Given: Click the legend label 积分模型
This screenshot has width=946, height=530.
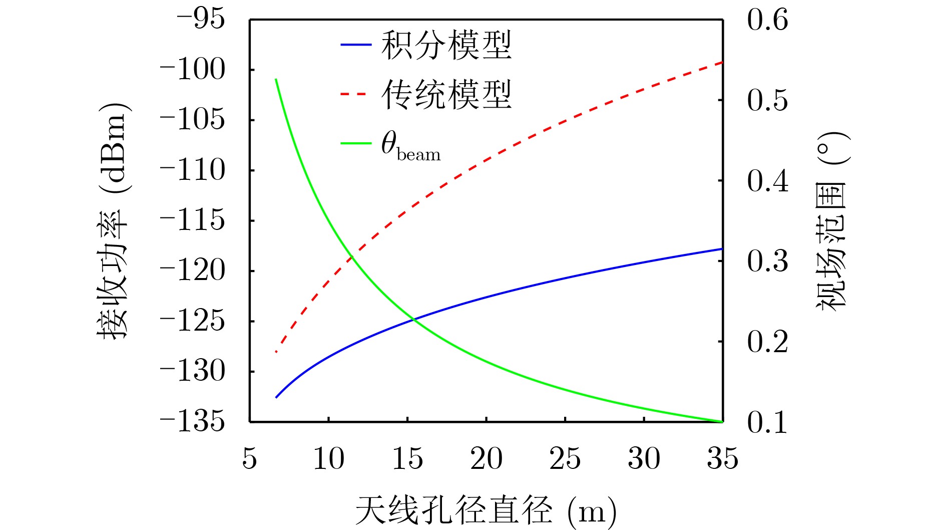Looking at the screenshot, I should [446, 45].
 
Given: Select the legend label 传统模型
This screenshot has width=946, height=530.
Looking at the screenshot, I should [446, 95].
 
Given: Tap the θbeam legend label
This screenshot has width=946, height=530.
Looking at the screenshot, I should [411, 146].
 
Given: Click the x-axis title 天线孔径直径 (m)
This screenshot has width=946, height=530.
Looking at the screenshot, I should [485, 511].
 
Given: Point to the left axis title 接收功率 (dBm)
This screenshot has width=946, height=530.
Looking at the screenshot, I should [113, 220].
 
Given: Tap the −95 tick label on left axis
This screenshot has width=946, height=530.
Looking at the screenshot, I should [200, 20].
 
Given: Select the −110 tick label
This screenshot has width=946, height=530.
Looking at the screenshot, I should [193, 170].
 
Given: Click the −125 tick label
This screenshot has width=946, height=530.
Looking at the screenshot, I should [193, 321].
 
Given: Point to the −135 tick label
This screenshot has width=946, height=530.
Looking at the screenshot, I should [193, 422].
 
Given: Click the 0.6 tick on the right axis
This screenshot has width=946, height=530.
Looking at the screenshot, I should [767, 20].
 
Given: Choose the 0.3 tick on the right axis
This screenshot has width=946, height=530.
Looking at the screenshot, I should [767, 261].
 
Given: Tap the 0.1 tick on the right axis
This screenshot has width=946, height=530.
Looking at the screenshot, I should [767, 422].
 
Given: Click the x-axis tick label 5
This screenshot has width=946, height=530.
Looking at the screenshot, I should [250, 458].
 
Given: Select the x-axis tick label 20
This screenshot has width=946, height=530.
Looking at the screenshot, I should [486, 458].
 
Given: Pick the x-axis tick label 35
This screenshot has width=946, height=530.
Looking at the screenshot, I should [722, 458].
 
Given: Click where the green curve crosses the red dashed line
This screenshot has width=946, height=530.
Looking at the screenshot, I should [352, 256].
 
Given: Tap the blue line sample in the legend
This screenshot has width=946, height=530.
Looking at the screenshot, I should [356, 45].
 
